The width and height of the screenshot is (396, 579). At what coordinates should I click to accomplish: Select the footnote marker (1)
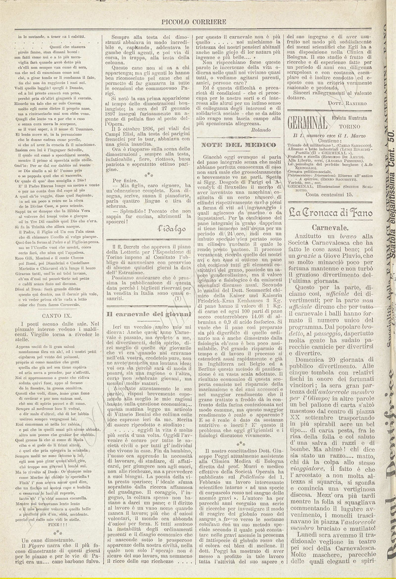pyautogui.click(x=178, y=299)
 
